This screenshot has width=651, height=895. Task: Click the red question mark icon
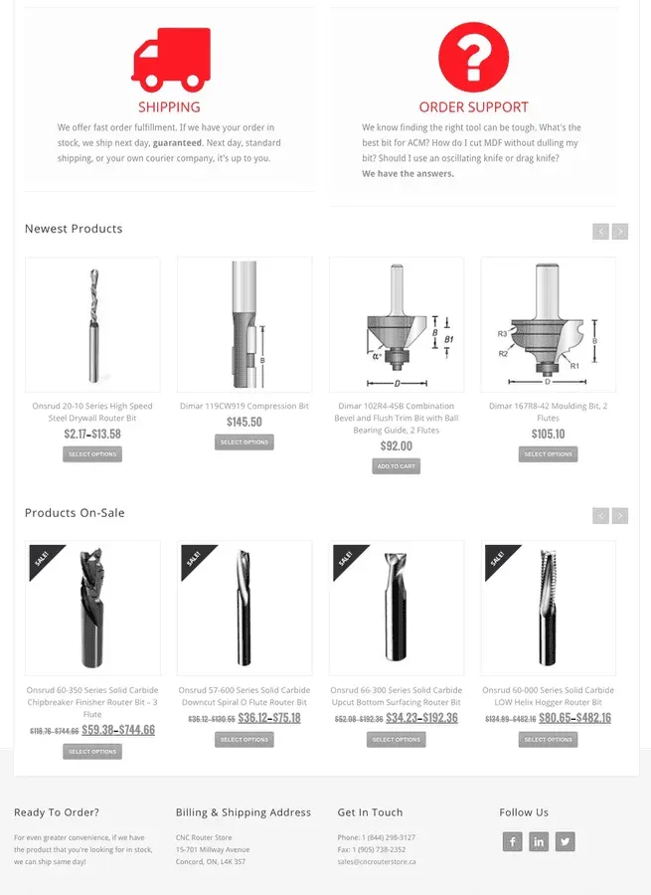click(473, 56)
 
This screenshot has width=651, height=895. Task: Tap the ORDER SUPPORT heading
click(473, 106)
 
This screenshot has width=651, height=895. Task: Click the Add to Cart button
click(396, 465)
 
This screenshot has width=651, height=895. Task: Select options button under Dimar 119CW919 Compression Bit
click(244, 442)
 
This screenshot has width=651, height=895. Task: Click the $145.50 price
click(244, 423)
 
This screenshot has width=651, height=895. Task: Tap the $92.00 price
click(396, 447)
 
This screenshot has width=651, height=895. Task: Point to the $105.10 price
click(548, 435)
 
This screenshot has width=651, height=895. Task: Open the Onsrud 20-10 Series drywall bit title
click(92, 412)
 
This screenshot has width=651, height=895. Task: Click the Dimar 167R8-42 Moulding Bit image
click(548, 325)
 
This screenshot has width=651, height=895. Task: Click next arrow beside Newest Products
click(620, 232)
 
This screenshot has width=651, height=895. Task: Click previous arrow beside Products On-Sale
click(600, 515)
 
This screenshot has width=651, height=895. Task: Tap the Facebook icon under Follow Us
click(512, 841)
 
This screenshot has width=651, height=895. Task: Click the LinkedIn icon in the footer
click(539, 841)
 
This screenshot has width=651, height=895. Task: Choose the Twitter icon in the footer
click(566, 841)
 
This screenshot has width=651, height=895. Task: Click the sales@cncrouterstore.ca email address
click(377, 862)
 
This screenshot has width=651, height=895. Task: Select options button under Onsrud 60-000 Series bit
click(548, 739)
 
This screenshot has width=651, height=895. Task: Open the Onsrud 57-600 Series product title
click(244, 695)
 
